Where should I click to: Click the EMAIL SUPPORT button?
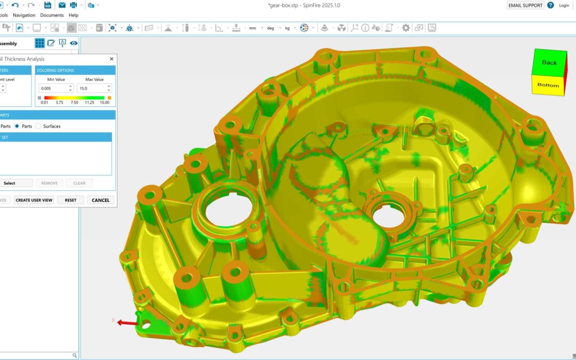[x=525, y=5]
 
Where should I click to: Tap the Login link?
[x=564, y=5]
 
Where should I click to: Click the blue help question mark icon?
[x=550, y=5]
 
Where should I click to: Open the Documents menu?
[x=52, y=15]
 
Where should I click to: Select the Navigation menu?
[x=24, y=15]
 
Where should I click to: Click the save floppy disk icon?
[x=47, y=5]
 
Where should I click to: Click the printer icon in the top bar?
[x=73, y=5]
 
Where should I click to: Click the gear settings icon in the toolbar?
[x=406, y=28]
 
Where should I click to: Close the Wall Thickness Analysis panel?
[x=111, y=59]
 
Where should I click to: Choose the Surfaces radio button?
[x=38, y=126]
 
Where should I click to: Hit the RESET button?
[x=70, y=200]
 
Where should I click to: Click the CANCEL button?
[x=100, y=200]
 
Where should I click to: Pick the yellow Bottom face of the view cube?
[x=548, y=85]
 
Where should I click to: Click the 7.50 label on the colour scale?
[x=74, y=102]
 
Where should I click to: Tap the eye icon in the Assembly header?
[x=74, y=43]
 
